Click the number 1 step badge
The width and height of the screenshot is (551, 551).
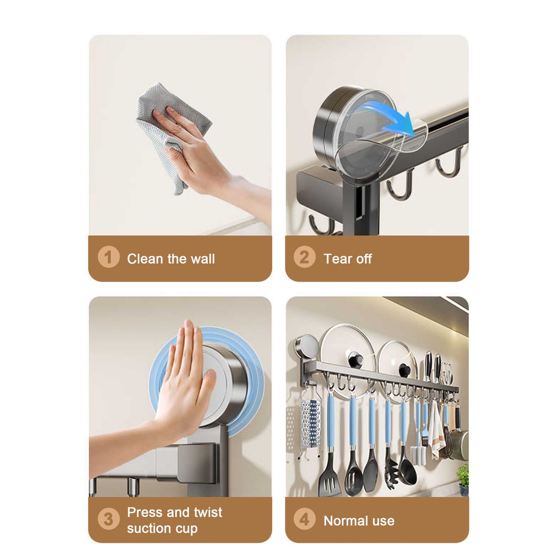coord(109,257)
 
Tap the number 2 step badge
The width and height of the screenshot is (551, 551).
coord(305,257)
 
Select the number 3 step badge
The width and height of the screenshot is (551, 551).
coord(109,519)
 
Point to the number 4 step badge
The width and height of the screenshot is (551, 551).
coord(305,519)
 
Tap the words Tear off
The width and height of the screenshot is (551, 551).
coord(348,259)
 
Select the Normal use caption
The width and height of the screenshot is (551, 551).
coord(359,521)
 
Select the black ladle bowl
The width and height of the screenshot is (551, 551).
coord(408,473)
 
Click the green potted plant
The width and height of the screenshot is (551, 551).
coord(463,475)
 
